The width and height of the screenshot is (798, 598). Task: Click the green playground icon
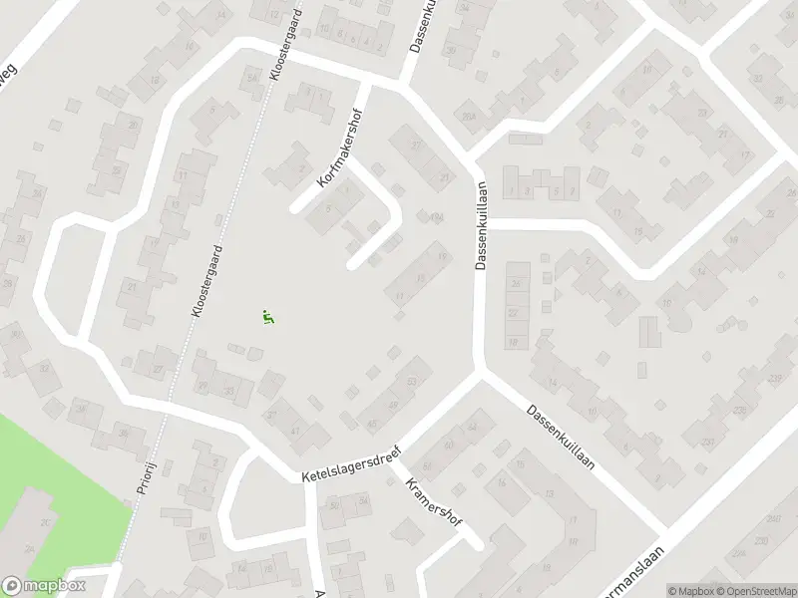coord(267,318)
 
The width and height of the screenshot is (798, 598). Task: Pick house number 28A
coord(468,118)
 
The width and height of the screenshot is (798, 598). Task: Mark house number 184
coord(435,217)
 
